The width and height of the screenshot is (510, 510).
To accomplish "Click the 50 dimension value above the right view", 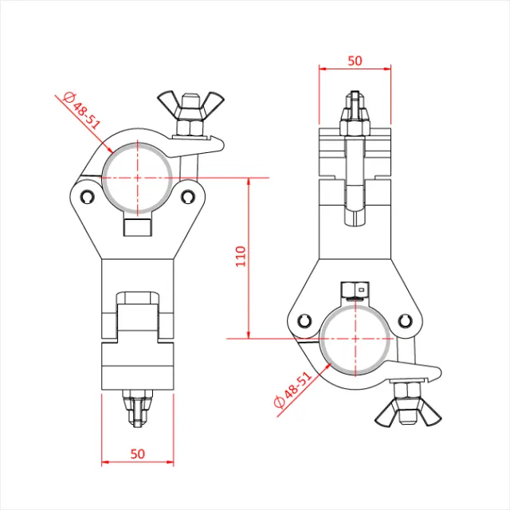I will coord(355,61).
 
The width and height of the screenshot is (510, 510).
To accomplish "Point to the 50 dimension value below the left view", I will coord(138,453).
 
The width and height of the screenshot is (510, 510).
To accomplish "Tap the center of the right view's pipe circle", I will coord(355,339).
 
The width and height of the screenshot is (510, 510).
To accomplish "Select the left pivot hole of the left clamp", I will coord(86,194).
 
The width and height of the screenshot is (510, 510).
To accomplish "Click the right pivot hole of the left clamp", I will coord(187,194).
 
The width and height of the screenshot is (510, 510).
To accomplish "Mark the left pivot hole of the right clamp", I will coord(304,321).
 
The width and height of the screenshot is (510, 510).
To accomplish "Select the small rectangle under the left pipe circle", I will coord(137,228).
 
